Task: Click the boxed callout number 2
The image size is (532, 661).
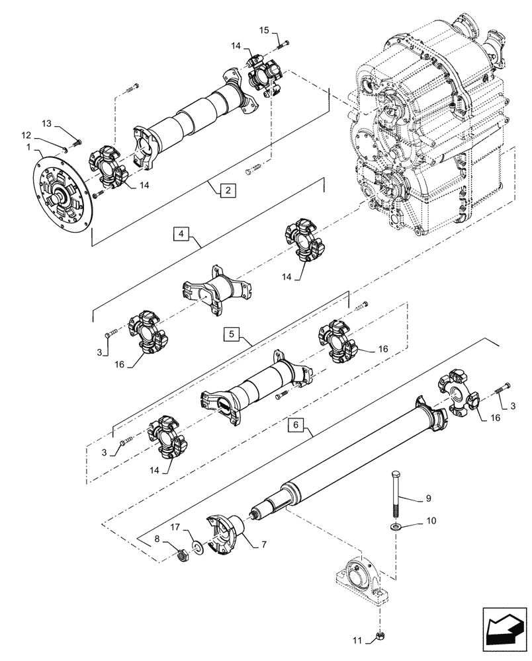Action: tap(226, 190)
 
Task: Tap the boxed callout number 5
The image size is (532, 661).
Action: tap(230, 334)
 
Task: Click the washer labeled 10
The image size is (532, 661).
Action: tap(395, 527)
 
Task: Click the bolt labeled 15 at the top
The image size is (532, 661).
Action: tap(284, 45)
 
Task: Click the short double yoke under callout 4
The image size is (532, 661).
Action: tap(216, 289)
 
